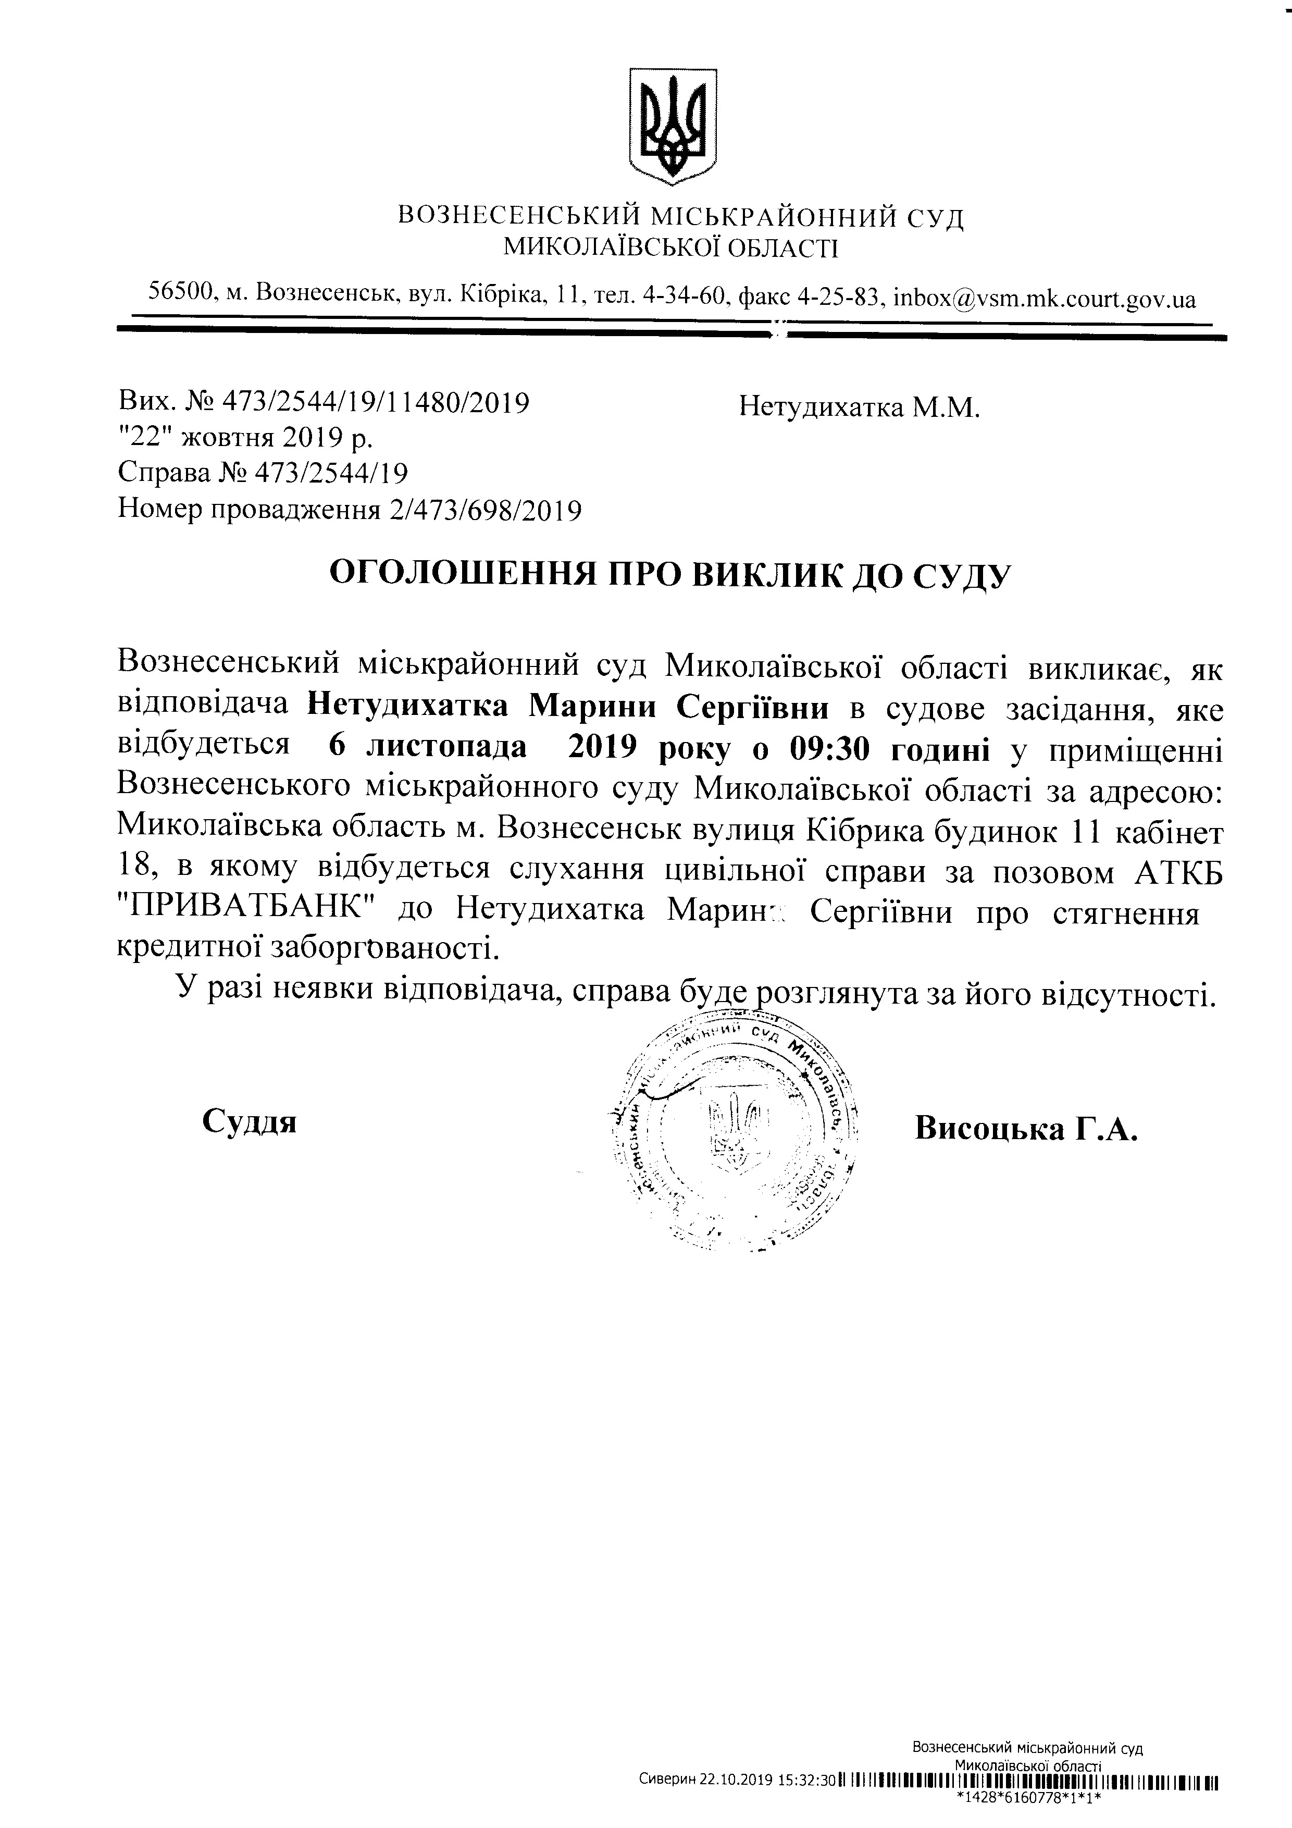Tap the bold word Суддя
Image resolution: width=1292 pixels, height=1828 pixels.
[x=249, y=1121]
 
